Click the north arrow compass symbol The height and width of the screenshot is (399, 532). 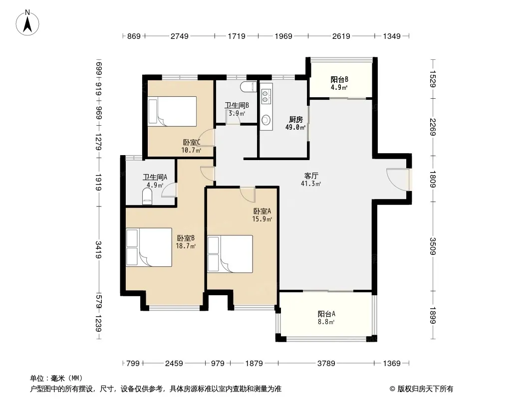pos(27,23)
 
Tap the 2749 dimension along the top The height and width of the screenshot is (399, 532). pos(180,36)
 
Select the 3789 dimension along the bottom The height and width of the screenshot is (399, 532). pos(326,364)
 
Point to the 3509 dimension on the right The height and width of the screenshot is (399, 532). pos(433,246)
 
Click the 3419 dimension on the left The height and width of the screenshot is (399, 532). pos(98,249)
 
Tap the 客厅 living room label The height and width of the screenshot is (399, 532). pos(311,176)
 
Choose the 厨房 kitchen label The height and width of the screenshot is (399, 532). pos(296,119)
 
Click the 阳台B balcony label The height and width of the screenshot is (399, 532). pos(339,80)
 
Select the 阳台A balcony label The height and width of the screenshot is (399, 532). pos(326,314)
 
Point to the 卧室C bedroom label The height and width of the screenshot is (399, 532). pos(192,142)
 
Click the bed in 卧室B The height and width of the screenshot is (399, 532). pos(149,247)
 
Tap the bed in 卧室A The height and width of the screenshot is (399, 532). pos(230,254)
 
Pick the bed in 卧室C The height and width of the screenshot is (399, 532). pos(172,111)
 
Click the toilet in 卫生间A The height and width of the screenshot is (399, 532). pos(147,197)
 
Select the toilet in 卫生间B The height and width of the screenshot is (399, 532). pos(249,87)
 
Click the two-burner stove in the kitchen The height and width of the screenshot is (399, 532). pos(266,96)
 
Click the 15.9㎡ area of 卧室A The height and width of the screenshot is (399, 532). pos(262,219)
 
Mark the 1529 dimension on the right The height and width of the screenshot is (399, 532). pos(433,78)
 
